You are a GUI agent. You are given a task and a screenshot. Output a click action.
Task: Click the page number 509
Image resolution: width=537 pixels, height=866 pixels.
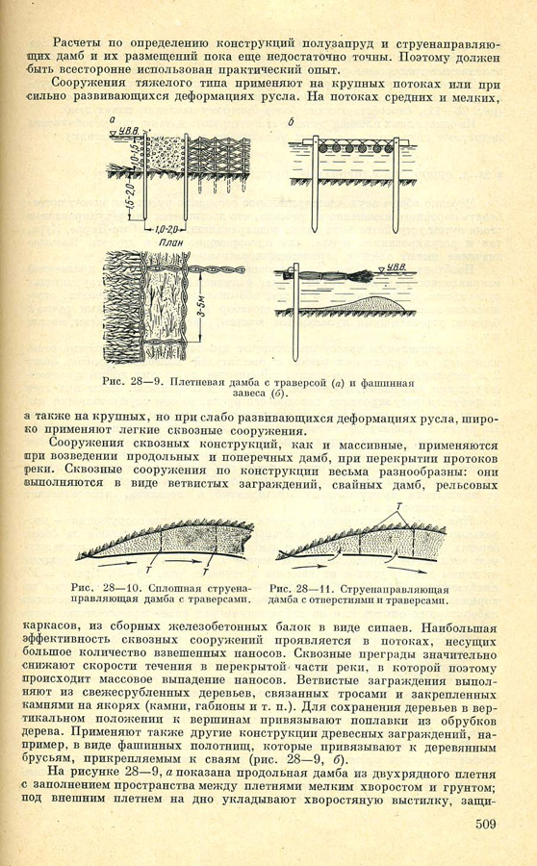[x=485, y=824]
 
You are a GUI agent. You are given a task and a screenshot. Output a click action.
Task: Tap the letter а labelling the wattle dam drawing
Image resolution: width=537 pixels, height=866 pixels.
[x=114, y=120]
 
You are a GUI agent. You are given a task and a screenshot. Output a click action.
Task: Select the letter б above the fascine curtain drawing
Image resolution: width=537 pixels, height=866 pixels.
[x=292, y=122]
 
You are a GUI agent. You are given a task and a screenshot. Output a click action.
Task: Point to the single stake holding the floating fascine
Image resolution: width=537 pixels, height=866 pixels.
[x=295, y=311]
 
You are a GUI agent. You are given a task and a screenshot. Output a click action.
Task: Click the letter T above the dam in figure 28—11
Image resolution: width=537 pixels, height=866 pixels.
[x=398, y=505]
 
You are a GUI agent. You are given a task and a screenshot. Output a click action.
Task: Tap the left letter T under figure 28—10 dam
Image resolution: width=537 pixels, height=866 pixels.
[x=148, y=570]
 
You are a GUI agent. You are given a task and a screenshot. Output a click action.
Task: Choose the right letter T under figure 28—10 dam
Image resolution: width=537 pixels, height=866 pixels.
[x=205, y=571]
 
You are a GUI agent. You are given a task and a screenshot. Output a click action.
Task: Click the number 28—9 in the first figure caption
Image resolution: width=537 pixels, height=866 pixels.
[x=150, y=382]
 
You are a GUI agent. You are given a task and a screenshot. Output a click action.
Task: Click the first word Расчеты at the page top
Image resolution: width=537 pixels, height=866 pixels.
[x=77, y=43]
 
